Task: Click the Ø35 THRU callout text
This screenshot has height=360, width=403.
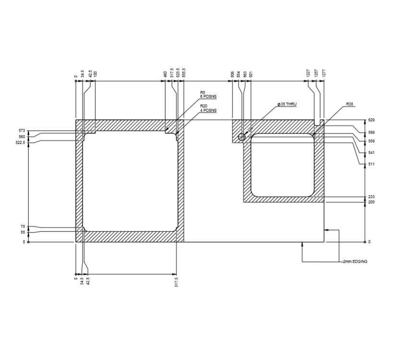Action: click(x=287, y=104)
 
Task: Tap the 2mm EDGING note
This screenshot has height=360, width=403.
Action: click(x=355, y=262)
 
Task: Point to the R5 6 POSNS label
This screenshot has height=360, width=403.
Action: click(x=208, y=95)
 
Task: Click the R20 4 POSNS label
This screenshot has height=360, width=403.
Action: click(x=208, y=109)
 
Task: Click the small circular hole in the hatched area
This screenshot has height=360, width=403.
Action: click(x=241, y=137)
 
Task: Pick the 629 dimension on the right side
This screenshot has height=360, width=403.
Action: click(x=371, y=120)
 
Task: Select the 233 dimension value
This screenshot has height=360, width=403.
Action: click(x=371, y=197)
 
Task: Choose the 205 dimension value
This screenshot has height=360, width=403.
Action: click(x=371, y=202)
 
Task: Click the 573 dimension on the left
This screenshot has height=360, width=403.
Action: click(x=22, y=131)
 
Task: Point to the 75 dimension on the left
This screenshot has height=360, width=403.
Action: click(x=23, y=227)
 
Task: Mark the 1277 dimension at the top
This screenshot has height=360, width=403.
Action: click(x=324, y=74)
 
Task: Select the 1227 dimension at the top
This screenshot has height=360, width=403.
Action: click(x=308, y=74)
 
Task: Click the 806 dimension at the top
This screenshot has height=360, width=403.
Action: click(x=233, y=74)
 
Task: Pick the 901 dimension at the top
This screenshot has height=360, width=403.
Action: click(x=251, y=74)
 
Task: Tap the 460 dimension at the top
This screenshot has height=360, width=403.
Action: click(x=166, y=74)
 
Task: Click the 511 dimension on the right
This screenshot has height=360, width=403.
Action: click(x=371, y=164)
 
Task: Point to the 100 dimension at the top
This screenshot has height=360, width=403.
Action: click(x=95, y=74)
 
